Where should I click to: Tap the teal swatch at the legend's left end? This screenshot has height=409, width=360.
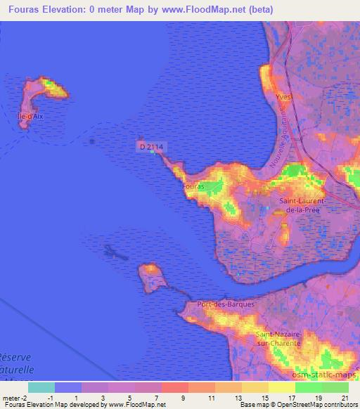pos(41,387)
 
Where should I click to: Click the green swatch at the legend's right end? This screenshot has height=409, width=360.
pos(335,387)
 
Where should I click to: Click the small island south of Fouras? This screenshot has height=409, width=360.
pos(151,275)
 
